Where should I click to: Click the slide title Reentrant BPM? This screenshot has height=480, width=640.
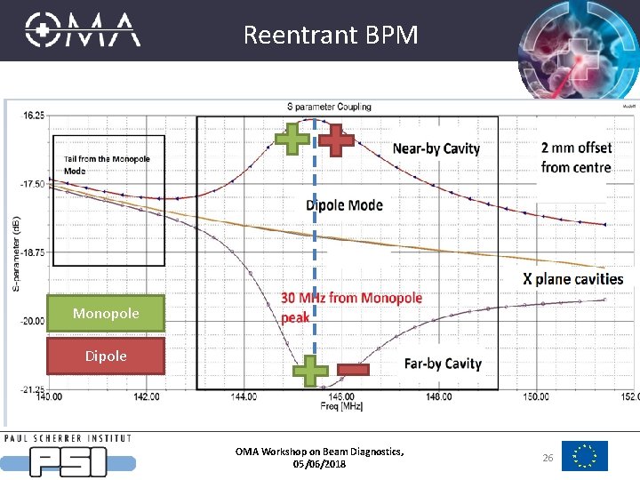330,35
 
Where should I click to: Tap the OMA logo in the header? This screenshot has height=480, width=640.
83,29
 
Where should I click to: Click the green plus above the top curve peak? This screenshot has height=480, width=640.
292,140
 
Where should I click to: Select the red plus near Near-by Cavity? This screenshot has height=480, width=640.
336,140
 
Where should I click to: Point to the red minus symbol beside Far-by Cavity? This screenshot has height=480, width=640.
352,370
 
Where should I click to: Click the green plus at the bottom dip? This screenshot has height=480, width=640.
310,371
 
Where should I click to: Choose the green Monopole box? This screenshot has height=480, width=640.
106,314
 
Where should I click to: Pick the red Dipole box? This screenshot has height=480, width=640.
106,356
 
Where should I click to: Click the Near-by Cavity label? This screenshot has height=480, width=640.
436,148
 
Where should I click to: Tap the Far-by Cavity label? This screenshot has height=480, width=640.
442,364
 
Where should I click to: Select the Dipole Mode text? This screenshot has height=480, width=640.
344,205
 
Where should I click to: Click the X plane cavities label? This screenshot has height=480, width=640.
572,279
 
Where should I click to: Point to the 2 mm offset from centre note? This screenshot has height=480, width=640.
575,157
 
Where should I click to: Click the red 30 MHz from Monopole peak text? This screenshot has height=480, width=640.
351,307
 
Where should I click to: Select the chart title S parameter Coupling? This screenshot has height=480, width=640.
329,107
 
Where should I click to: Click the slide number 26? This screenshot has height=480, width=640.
547,457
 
